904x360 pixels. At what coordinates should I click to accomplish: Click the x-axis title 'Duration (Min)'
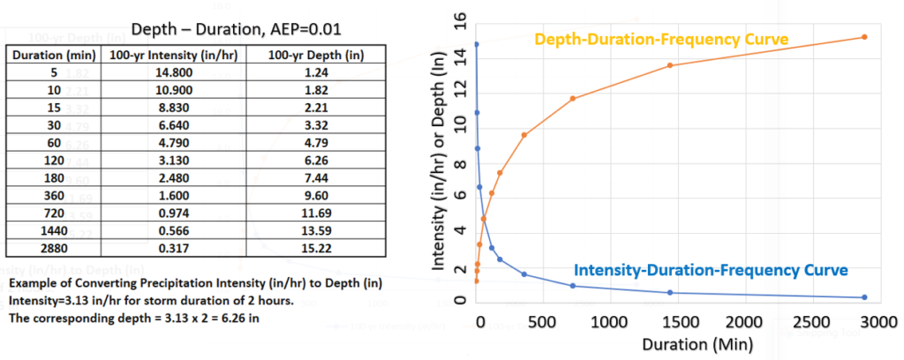point(672,344)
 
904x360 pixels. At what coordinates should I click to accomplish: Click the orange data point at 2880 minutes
point(863,37)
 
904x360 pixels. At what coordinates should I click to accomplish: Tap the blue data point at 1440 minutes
point(670,292)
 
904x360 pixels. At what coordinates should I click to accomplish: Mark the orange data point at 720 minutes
point(573,98)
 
